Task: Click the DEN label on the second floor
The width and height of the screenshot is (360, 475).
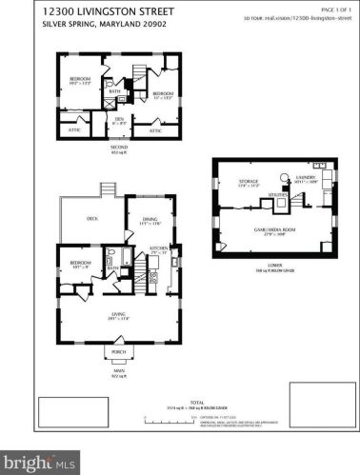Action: coord(119,120)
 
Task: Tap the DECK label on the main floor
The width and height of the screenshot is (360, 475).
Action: coord(92,219)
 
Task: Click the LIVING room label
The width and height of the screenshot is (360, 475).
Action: coord(119,316)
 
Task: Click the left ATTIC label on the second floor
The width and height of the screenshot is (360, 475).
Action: coord(74,129)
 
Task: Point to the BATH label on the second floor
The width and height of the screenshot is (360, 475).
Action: coord(127,91)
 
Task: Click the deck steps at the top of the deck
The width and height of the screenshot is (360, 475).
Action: coord(114,190)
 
